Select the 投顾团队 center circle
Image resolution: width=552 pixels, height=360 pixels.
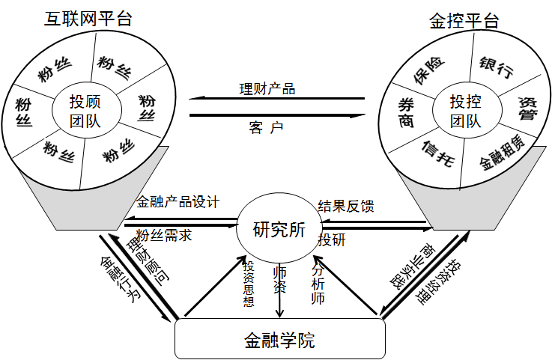point(85,110)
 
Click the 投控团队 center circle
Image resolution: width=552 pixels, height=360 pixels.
point(465,110)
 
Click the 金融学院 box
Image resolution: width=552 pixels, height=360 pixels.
point(279,341)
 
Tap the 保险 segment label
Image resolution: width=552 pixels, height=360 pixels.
point(429,71)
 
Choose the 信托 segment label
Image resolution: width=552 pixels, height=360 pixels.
point(437,151)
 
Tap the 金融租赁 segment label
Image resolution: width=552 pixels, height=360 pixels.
point(501,149)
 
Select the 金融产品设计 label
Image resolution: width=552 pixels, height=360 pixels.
point(178,202)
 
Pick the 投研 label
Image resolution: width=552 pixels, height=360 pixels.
point(332,239)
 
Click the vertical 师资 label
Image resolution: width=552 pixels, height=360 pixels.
point(279,278)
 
